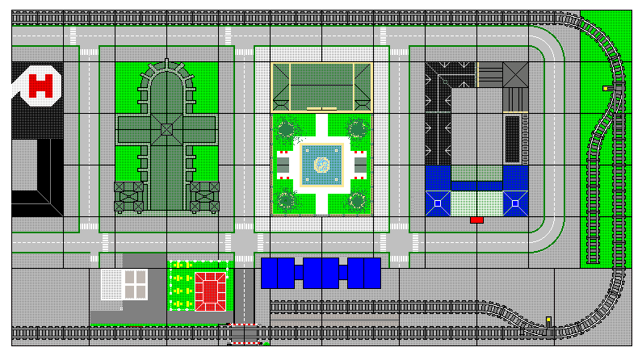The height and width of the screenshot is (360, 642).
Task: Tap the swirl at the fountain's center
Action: (x=321, y=165)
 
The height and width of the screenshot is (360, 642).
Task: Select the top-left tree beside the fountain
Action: (x=285, y=129)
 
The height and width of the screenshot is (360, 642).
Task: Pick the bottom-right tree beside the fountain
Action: (x=357, y=200)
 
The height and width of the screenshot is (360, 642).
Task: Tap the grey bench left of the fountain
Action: (x=283, y=166)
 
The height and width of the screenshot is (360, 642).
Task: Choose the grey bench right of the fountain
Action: (x=360, y=166)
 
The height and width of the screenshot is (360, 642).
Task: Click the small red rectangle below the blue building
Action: (x=476, y=220)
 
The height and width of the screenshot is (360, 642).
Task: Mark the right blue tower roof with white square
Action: (x=514, y=202)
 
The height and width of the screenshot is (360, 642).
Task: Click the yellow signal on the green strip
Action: (x=606, y=88)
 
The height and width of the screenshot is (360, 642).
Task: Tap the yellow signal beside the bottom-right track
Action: (x=548, y=320)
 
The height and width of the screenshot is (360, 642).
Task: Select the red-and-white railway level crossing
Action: (x=245, y=333)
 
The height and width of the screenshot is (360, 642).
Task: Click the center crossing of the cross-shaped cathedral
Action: (x=166, y=129)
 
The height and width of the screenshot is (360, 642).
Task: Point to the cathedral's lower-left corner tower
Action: (x=128, y=196)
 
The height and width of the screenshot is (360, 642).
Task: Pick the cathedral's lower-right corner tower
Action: (x=204, y=196)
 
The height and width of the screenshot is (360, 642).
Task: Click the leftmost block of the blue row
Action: (x=278, y=273)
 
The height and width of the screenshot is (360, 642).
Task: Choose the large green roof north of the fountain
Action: (x=321, y=86)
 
